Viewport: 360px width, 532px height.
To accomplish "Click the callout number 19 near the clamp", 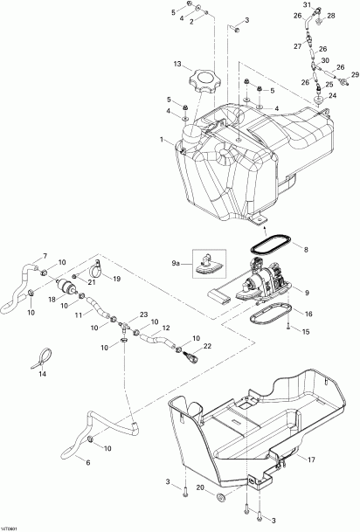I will click(116, 280).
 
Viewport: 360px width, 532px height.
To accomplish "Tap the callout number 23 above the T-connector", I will click(144, 314).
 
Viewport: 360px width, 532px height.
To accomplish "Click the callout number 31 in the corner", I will click(307, 5).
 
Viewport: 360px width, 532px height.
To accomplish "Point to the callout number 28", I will click(332, 15).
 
